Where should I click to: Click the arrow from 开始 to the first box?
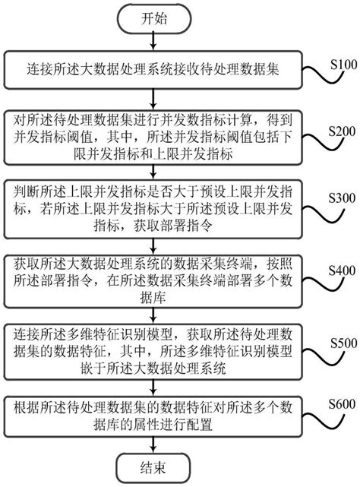tap(152, 43)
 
